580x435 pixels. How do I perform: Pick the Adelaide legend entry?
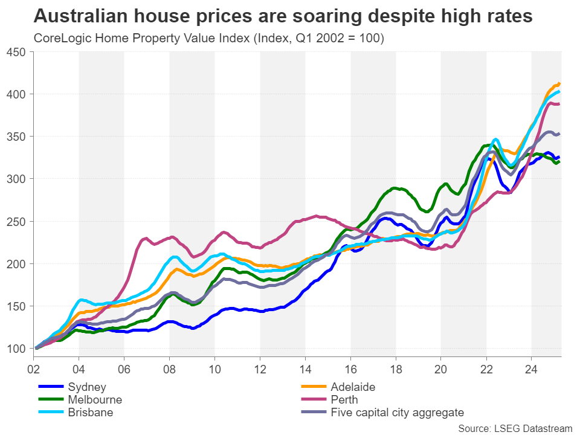[353, 386]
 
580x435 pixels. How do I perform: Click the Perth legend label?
[344, 399]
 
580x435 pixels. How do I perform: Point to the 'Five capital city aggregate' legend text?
[398, 413]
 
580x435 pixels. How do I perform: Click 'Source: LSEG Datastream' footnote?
[515, 428]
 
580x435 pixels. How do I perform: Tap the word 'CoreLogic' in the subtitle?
[59, 39]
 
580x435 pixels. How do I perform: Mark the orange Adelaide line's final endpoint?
[559, 83]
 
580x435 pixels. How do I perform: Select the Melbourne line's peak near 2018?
[396, 188]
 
